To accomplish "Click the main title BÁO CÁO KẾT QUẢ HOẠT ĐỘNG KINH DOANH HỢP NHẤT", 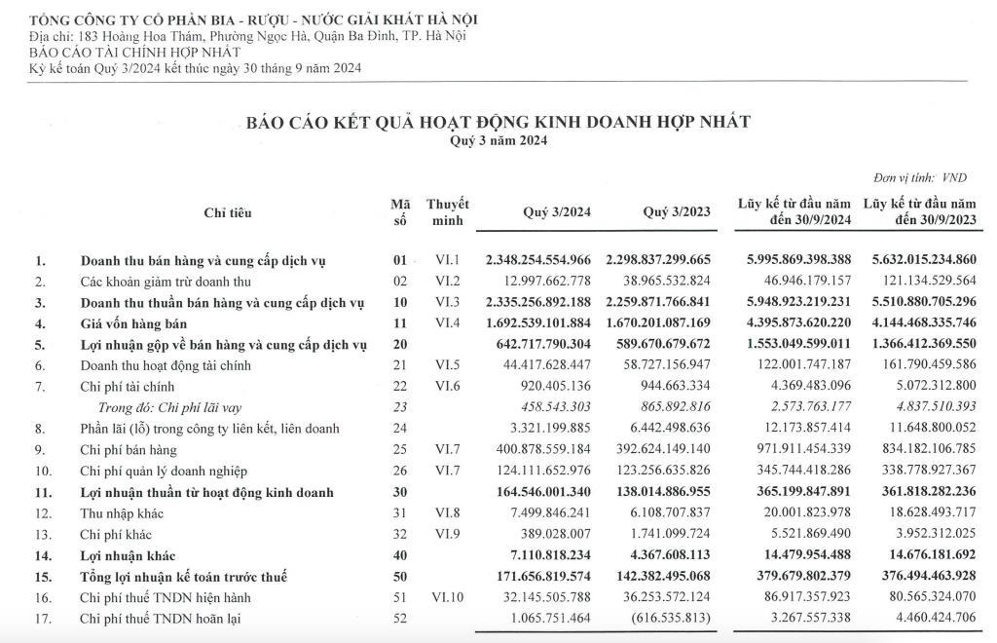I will [498, 122].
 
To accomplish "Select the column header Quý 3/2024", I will [555, 212].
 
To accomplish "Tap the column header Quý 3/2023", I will [677, 212].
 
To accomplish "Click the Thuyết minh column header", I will [447, 211].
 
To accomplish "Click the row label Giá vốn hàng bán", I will [133, 322].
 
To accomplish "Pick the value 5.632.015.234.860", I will [919, 260].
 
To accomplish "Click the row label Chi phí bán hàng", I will [127, 451].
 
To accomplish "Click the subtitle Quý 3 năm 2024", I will [498, 140].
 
